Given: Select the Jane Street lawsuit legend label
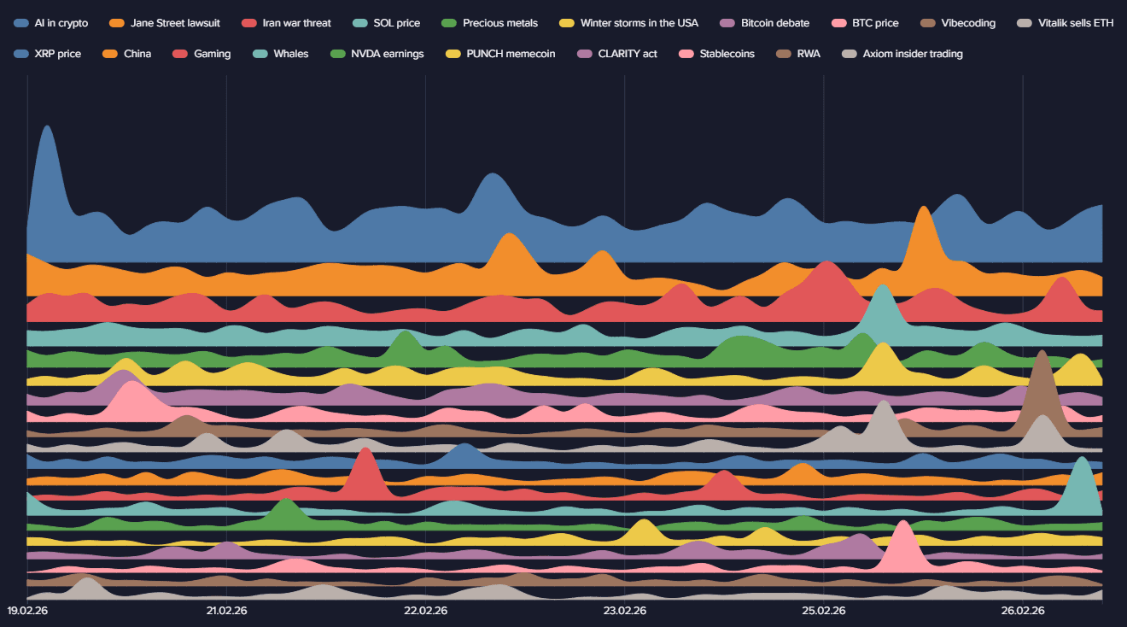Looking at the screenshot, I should click(175, 23).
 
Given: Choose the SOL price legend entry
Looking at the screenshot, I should click(396, 23).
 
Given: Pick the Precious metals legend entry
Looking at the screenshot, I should click(499, 23).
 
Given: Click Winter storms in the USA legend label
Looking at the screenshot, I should click(639, 23).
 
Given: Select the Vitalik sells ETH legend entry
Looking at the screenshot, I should click(1076, 23).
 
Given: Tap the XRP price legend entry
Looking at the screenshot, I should click(58, 54).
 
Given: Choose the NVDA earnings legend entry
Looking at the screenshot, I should click(387, 54).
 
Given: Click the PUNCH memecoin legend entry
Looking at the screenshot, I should click(511, 54).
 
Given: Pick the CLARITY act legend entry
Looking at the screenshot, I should click(628, 54).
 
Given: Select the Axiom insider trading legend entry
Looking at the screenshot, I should click(912, 54).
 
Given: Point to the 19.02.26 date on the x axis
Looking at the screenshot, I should click(27, 611).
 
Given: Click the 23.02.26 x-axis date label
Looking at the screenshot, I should click(625, 611).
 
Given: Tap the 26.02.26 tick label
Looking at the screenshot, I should click(1023, 611).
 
